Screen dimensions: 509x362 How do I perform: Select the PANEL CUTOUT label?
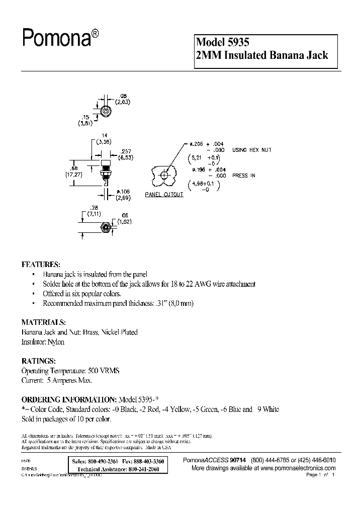pyautogui.click(x=164, y=195)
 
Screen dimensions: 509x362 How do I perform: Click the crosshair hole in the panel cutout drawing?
pyautogui.click(x=164, y=176)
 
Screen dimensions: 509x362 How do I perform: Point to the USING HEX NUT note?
pyautogui.click(x=251, y=150)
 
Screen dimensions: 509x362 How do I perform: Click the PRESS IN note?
pyautogui.click(x=244, y=176)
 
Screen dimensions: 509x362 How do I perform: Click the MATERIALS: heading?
pyautogui.click(x=43, y=322)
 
